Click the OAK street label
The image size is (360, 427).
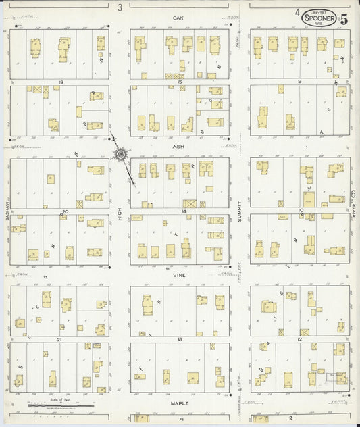point(178,17)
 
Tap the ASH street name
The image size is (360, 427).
point(178,145)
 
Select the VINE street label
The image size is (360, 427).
point(178,276)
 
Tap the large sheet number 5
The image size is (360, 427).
point(344,18)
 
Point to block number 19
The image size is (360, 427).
point(61,81)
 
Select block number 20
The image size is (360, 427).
point(66,211)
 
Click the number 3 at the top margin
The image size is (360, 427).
point(120,8)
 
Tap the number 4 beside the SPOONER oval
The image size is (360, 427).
point(297,11)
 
